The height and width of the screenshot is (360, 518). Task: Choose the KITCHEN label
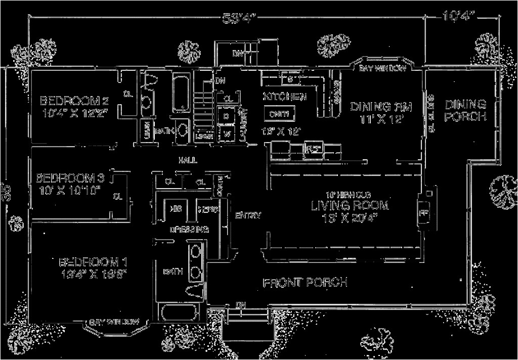click(284, 97)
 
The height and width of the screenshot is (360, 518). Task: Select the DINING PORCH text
click(465, 110)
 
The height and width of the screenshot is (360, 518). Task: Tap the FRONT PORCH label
click(305, 282)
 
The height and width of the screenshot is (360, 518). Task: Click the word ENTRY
click(248, 215)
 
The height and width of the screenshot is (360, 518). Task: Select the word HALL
click(187, 160)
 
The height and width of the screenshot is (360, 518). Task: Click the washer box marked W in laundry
click(226, 134)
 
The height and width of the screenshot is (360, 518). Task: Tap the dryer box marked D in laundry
click(226, 116)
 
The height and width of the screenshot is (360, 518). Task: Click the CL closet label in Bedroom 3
click(118, 195)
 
